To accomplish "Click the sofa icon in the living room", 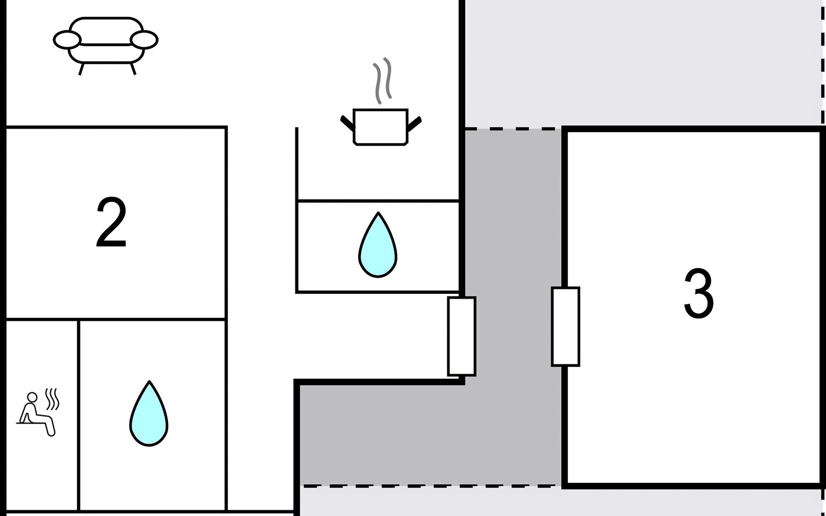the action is [x=106, y=45].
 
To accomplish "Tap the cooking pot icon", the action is [x=381, y=127].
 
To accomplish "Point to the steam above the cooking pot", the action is [x=382, y=81].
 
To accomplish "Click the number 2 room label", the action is [x=111, y=222].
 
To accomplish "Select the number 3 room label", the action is [x=699, y=293].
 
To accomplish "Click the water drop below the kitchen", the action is [x=378, y=245].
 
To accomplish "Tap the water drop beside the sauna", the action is [x=149, y=414].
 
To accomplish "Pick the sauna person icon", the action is [x=38, y=413].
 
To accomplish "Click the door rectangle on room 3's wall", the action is [x=565, y=327].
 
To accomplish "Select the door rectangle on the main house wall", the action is [x=462, y=336].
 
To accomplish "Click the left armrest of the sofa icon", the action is [x=67, y=40].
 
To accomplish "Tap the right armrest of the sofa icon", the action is [x=144, y=40].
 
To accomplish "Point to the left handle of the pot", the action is [x=347, y=123].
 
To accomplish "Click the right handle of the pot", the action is [x=414, y=123].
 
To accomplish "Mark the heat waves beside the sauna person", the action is [x=52, y=399].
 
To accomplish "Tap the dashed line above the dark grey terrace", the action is [x=513, y=129].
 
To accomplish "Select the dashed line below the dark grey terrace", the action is [x=430, y=486].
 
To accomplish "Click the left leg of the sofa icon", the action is [x=81, y=69].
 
